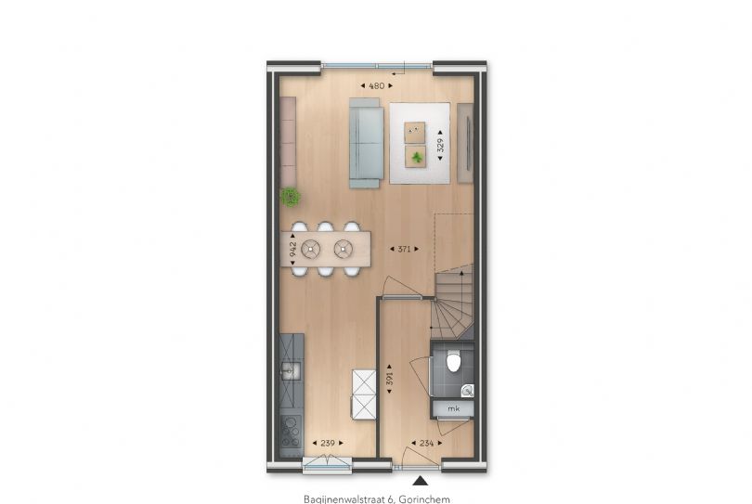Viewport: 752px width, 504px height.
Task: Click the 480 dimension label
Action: pyautogui.click(x=377, y=85)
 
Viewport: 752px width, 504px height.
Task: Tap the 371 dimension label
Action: pyautogui.click(x=404, y=249)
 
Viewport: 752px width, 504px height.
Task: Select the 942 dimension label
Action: pyautogui.click(x=292, y=249)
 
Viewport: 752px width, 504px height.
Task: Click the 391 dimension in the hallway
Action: pyautogui.click(x=389, y=379)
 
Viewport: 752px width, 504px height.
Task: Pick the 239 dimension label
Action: pyautogui.click(x=328, y=443)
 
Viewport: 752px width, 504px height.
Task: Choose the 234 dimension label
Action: pyautogui.click(x=426, y=443)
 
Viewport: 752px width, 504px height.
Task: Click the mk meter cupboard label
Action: pyautogui.click(x=453, y=408)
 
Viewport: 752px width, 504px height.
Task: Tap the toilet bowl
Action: pyautogui.click(x=454, y=361)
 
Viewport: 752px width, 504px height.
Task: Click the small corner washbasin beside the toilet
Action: pyautogui.click(x=468, y=391)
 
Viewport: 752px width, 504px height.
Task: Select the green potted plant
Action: pyautogui.click(x=291, y=197)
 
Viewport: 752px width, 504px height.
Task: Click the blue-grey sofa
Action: pyautogui.click(x=367, y=143)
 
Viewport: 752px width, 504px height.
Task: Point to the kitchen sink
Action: pyautogui.click(x=291, y=370)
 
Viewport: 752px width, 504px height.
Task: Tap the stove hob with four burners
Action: pyautogui.click(x=291, y=432)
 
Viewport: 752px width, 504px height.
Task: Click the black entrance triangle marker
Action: pyautogui.click(x=421, y=481)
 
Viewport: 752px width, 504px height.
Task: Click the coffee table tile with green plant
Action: pyautogui.click(x=415, y=157)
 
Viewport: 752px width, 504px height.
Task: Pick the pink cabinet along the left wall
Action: pyautogui.click(x=288, y=141)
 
